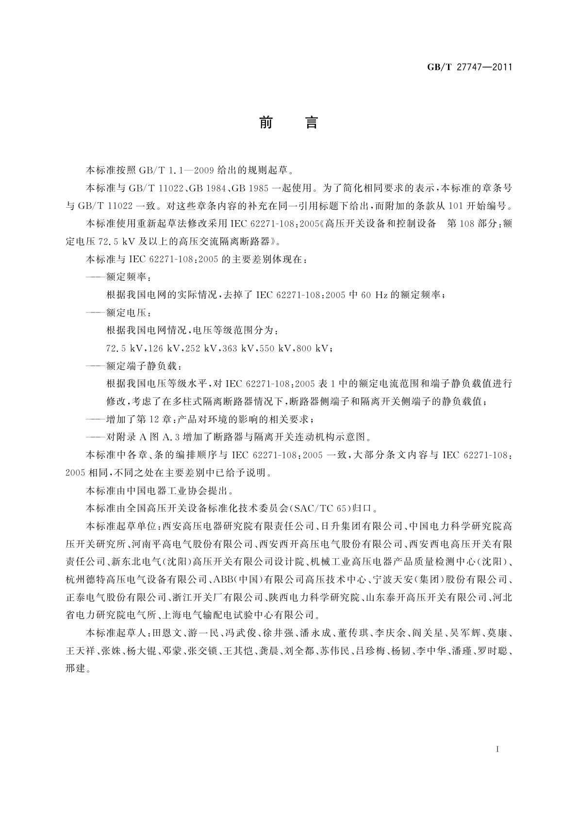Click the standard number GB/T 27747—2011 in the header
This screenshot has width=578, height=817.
(x=469, y=67)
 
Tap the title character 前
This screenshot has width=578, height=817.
(x=265, y=123)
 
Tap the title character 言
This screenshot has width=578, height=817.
(x=312, y=123)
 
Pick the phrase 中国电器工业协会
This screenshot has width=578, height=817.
(x=168, y=490)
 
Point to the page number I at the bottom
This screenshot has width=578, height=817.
(x=498, y=749)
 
